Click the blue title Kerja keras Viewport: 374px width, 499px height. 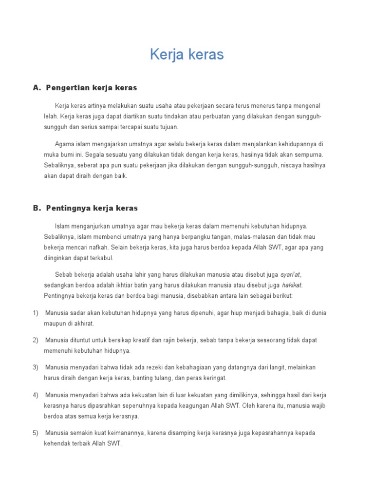point(187,55)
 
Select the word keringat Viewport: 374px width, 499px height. point(213,378)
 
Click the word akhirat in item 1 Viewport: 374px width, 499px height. point(82,324)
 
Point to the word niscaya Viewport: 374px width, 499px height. point(288,165)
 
